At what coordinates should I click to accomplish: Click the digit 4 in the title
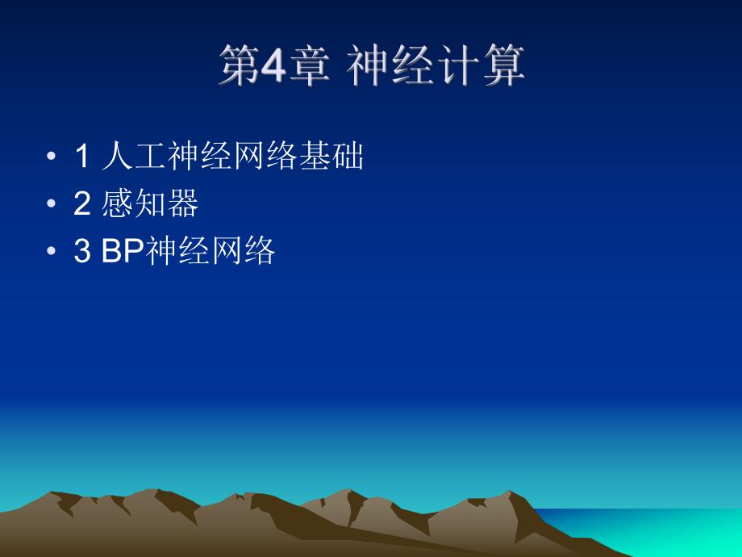pos(274,66)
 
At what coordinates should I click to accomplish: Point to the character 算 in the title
pos(506,66)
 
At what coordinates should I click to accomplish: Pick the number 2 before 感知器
pos(81,204)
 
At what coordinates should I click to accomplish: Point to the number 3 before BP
pos(81,252)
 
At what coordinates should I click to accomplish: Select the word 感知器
pos(151,204)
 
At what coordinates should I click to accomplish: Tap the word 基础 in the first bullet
pos(331,157)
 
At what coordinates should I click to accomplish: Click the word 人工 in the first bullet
pos(135,157)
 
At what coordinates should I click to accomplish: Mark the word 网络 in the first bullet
pos(265,157)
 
